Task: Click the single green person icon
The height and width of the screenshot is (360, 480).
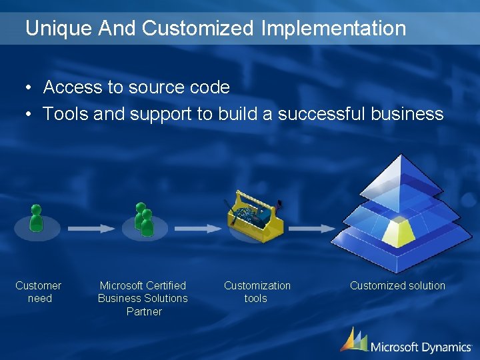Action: coord(36,218)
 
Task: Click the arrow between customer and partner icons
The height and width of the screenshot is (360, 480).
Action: coord(91,228)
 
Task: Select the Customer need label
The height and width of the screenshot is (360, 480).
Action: coord(39,292)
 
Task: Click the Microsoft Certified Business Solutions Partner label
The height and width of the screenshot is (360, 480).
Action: coord(143,298)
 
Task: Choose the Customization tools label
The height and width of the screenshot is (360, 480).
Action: coord(257,292)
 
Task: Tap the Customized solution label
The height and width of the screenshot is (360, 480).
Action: coord(397,285)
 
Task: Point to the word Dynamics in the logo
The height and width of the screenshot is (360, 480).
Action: coord(447,347)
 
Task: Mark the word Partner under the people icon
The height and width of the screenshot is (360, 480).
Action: coord(144,311)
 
